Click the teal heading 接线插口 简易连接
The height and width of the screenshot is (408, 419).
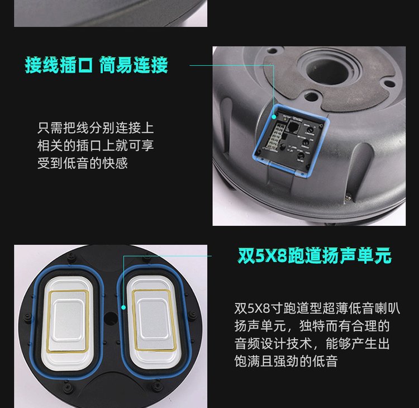click(97, 65)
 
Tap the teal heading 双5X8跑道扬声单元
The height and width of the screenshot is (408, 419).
click(315, 256)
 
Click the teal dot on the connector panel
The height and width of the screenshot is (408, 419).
click(274, 117)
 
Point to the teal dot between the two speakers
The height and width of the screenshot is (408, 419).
click(123, 307)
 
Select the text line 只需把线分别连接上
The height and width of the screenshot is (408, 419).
click(96, 128)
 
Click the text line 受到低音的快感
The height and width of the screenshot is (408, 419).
click(83, 163)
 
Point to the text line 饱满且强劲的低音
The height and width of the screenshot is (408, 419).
click(286, 361)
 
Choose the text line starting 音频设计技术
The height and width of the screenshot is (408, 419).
click(312, 344)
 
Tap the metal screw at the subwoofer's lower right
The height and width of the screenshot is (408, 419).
click(348, 197)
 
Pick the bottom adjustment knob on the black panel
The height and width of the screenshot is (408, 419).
click(301, 156)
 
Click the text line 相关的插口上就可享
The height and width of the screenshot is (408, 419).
click(96, 145)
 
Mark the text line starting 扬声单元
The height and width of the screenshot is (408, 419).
click(312, 326)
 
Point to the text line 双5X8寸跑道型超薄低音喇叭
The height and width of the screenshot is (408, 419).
click(317, 309)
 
